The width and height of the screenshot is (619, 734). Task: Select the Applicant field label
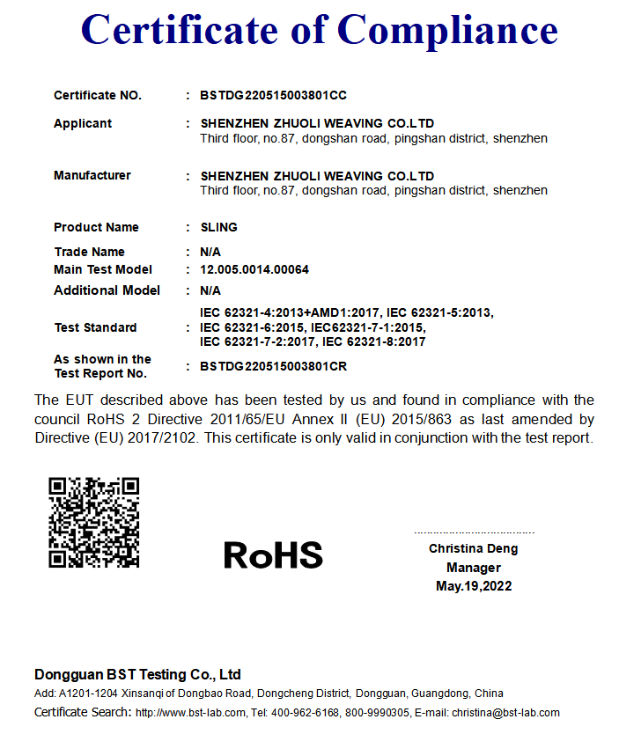point(83,123)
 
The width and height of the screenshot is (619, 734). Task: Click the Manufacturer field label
point(92,175)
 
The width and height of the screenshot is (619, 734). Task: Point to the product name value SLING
point(218,227)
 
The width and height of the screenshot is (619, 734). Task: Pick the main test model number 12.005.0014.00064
point(254,269)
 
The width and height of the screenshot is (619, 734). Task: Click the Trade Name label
point(89,252)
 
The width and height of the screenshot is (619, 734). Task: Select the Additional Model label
point(107,290)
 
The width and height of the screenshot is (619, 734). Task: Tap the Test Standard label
point(95,327)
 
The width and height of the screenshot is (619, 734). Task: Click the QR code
point(93,522)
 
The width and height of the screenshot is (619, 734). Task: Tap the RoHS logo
point(273,555)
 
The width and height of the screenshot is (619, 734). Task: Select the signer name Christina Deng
point(474,548)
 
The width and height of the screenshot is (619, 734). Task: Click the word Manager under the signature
point(474,568)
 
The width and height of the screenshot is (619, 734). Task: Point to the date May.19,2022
point(474,586)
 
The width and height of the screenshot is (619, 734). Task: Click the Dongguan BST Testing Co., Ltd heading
point(137,675)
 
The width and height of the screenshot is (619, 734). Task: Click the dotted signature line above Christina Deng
point(474,532)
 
